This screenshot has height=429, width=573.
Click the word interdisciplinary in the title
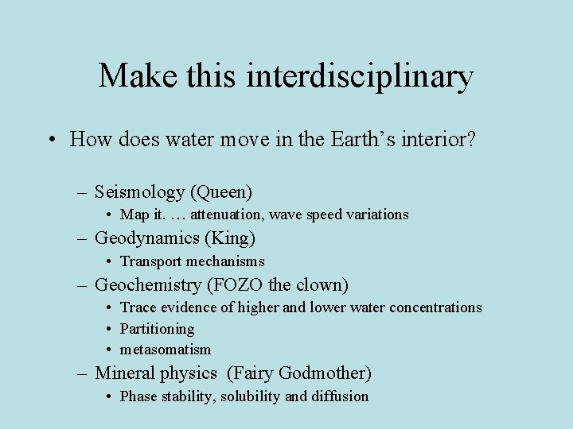361,77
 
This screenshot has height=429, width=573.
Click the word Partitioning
157,329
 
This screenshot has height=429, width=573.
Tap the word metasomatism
166,350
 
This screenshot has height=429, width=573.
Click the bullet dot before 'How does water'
50,141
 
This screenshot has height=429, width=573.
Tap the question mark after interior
471,141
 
